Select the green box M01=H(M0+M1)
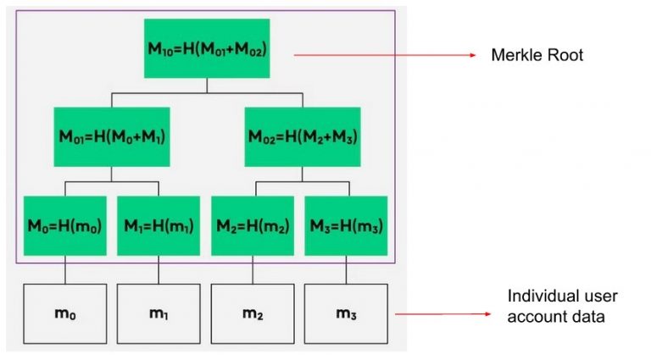click(x=111, y=136)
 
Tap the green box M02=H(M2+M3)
click(x=302, y=136)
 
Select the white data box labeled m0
click(x=65, y=313)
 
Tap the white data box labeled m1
click(x=158, y=313)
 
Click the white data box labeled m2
click(x=252, y=313)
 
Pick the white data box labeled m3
click(x=346, y=313)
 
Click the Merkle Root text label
click(x=537, y=56)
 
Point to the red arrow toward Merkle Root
click(x=386, y=56)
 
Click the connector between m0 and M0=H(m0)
click(x=65, y=271)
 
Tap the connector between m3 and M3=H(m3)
click(x=346, y=271)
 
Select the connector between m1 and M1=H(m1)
click(x=158, y=271)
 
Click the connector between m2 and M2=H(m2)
click(x=252, y=271)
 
